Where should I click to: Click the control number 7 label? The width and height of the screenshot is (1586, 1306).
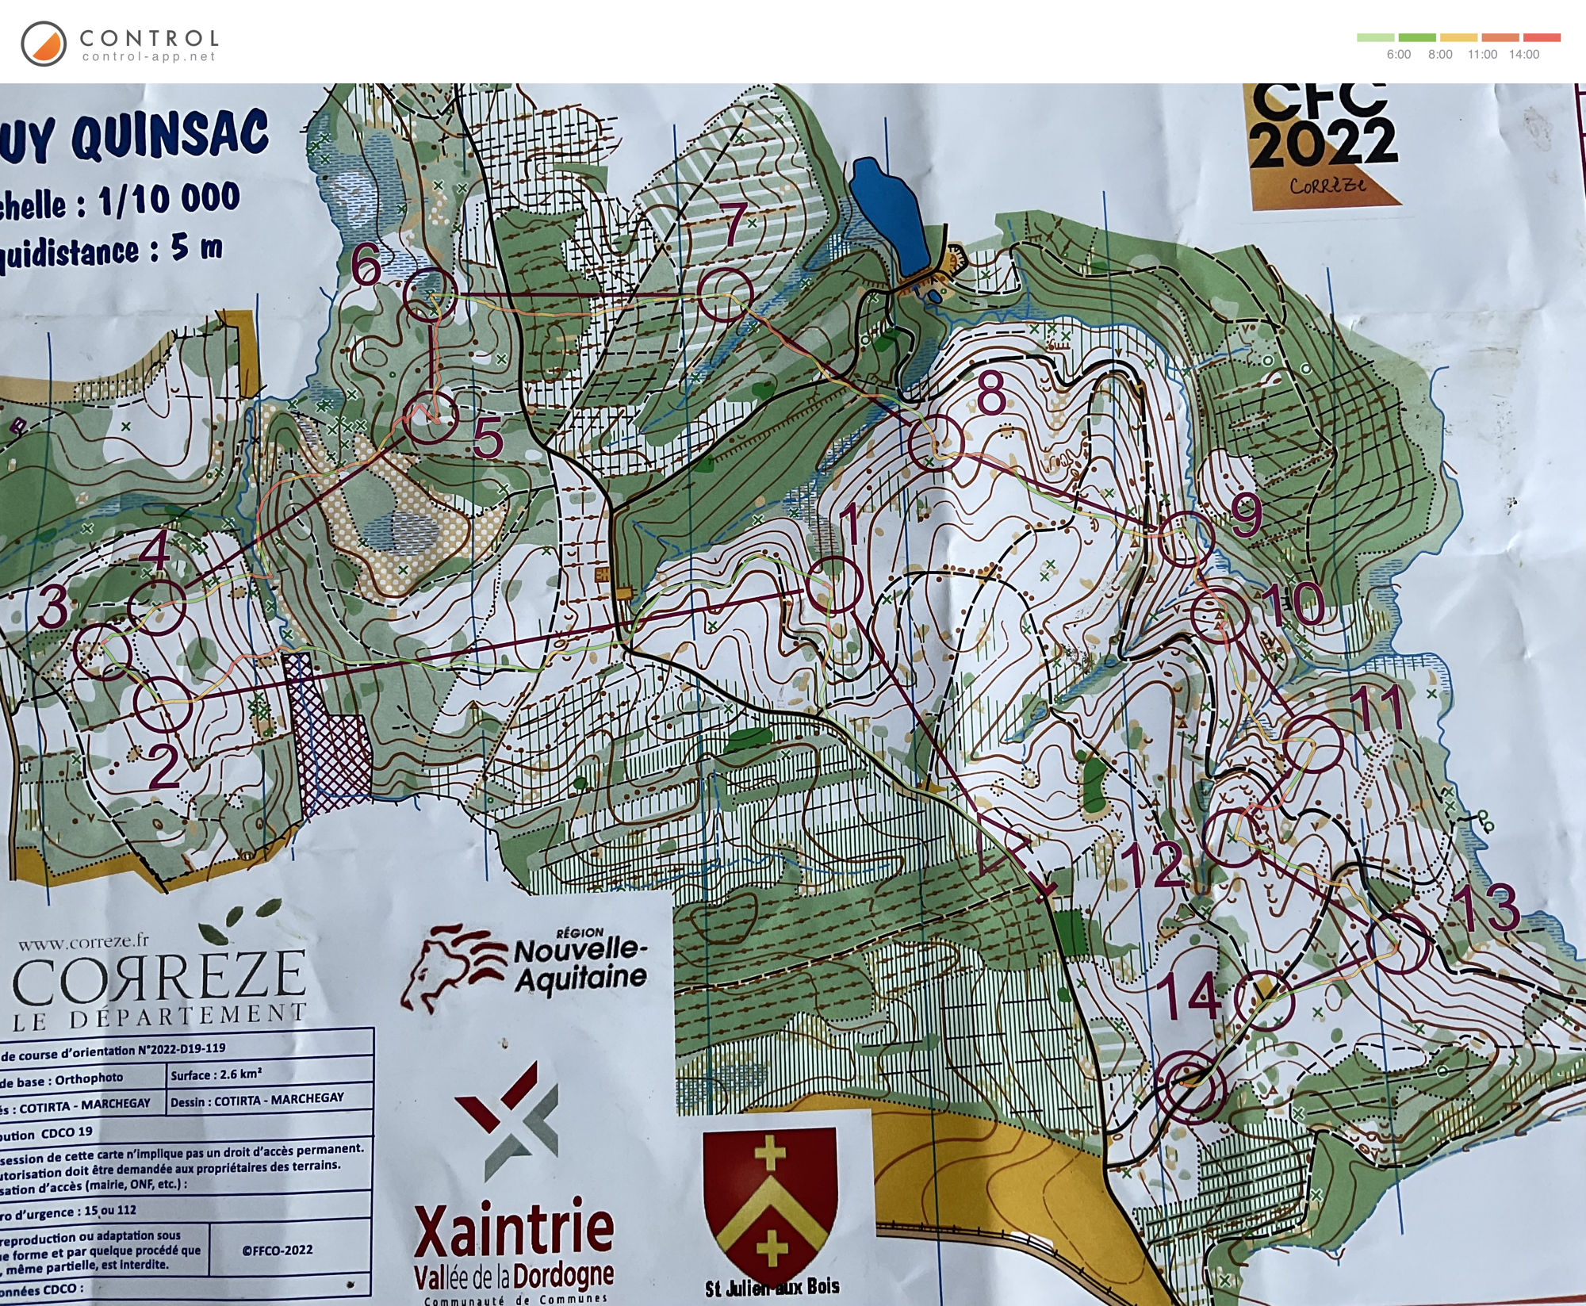[x=735, y=224]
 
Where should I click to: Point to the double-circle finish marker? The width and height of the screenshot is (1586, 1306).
[x=1190, y=1086]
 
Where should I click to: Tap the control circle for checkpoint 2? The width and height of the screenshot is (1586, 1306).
[x=162, y=704]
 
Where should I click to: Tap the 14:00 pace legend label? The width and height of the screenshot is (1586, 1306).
[x=1523, y=55]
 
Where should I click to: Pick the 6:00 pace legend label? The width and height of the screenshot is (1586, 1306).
[x=1398, y=55]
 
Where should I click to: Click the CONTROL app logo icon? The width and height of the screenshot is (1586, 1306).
[x=44, y=44]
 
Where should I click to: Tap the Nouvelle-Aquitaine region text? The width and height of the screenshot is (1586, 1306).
[x=579, y=963]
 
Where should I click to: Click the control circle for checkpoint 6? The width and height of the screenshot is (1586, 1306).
[x=431, y=294]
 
